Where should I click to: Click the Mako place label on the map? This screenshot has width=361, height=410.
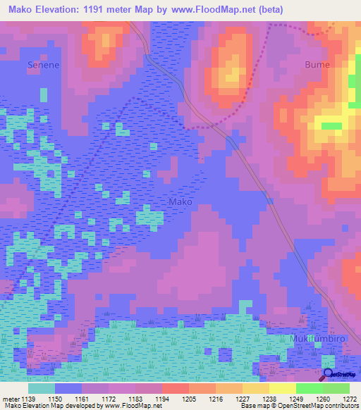coord(180,201)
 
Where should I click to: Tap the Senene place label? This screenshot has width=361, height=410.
coord(42,64)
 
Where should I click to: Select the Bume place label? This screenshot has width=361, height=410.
coord(317,64)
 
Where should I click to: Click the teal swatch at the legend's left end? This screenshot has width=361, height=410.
coord(41,388)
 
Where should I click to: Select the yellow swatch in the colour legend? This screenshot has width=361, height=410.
coord(282,388)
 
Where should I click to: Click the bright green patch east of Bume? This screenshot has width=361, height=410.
coord(331,126)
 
